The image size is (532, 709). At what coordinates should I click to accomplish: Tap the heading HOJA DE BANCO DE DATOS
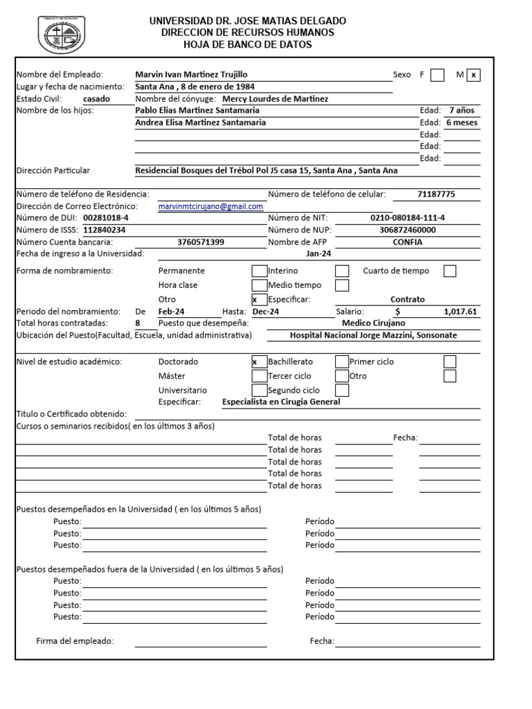click(x=247, y=45)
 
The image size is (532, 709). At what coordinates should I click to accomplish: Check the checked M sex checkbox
click(x=473, y=75)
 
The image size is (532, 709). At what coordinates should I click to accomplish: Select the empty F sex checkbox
click(x=437, y=75)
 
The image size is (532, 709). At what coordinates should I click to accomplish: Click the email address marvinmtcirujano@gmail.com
click(x=211, y=207)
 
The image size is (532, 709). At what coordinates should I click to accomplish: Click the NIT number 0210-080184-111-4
click(x=408, y=218)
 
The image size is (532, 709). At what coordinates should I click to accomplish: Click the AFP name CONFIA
click(x=407, y=242)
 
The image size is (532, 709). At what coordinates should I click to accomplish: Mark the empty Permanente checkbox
click(x=258, y=271)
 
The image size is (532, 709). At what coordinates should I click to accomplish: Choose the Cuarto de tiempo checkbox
click(x=450, y=271)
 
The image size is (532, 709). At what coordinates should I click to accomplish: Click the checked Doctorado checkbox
click(x=258, y=361)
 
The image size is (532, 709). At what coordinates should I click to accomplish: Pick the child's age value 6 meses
click(x=462, y=123)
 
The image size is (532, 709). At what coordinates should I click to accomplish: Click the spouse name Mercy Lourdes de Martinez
click(x=275, y=99)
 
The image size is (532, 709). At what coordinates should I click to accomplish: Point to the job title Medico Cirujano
click(x=374, y=323)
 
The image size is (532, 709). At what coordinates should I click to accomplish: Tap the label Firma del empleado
click(x=75, y=641)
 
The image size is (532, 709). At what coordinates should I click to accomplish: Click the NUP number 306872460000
click(x=408, y=230)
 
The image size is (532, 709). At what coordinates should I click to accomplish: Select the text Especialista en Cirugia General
click(x=281, y=402)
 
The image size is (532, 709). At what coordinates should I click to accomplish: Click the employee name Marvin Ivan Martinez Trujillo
click(x=191, y=75)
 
